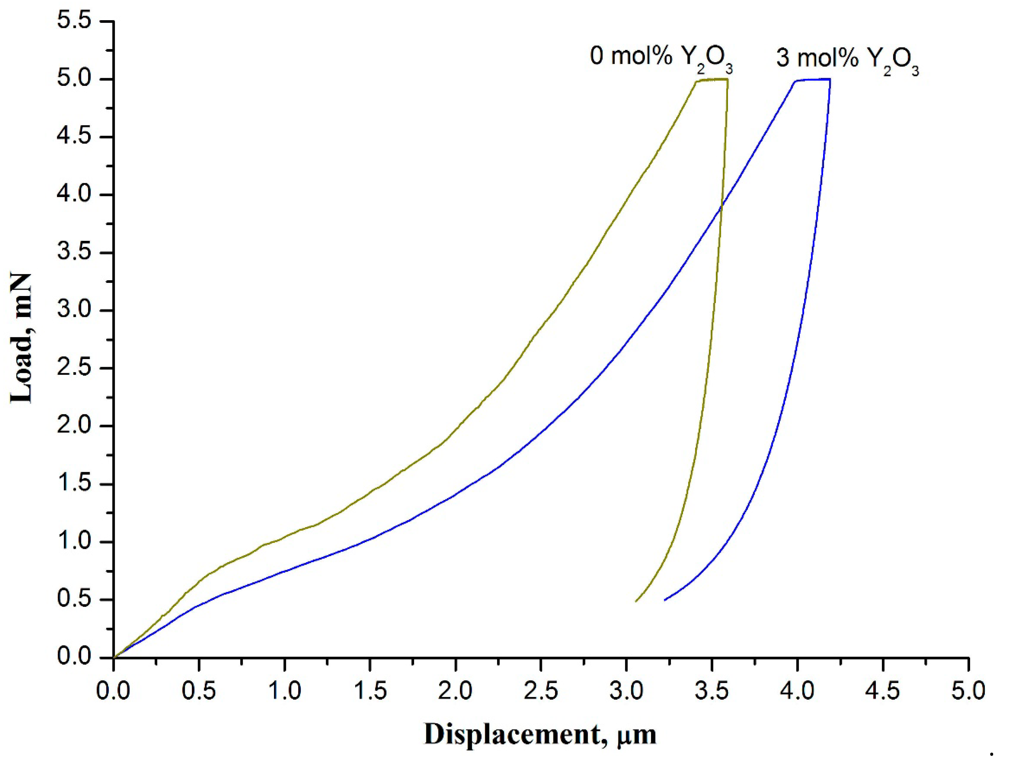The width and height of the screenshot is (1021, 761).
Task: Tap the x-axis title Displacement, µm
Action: click(x=540, y=734)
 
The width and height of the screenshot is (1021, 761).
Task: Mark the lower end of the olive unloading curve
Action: click(x=636, y=601)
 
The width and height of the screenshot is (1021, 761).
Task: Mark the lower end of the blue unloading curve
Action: click(x=665, y=600)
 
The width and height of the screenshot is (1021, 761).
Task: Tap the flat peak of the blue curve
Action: click(x=813, y=79)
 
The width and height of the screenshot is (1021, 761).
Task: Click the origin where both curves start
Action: click(x=114, y=657)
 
